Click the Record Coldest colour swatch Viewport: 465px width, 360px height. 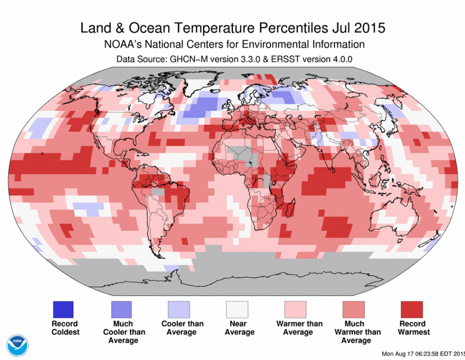point(63,309)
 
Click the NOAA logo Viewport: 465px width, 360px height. point(16,346)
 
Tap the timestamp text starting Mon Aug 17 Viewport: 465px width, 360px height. point(423,354)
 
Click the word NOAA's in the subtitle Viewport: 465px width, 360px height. point(124,44)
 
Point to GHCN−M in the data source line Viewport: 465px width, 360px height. point(186,59)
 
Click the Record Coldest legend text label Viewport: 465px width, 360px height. point(64,328)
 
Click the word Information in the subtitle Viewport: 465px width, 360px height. point(334,44)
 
